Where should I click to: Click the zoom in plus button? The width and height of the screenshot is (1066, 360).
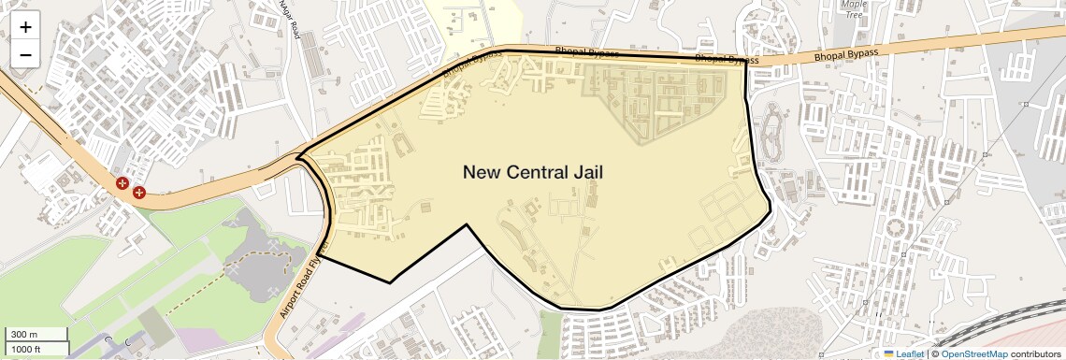25,27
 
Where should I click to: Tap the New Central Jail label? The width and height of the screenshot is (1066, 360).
533,172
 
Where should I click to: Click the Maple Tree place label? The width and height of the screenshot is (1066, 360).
852,9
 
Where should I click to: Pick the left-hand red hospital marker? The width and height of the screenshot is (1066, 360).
122,183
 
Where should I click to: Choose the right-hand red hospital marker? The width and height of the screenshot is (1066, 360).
139,193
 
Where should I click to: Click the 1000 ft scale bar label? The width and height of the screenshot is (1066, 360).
27,349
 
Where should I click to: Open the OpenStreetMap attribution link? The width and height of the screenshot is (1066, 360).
974,354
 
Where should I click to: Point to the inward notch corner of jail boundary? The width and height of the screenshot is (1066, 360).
468,224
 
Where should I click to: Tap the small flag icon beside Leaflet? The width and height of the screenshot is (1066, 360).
889,354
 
